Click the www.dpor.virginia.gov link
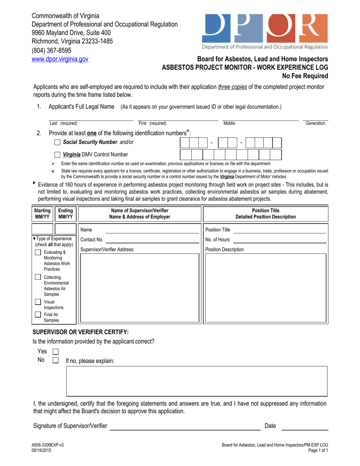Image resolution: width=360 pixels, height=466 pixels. click(x=60, y=59)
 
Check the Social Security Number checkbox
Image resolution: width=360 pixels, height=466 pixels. click(x=57, y=142)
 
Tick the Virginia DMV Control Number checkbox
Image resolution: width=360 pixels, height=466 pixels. click(x=57, y=155)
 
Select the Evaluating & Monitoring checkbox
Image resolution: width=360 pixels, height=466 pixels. click(x=38, y=253)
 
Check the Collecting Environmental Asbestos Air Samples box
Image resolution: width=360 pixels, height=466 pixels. click(x=38, y=277)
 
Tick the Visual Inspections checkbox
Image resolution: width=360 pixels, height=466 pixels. click(x=38, y=302)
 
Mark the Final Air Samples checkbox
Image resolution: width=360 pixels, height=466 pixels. click(x=38, y=314)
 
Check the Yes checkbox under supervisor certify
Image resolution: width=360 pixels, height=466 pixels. click(x=55, y=352)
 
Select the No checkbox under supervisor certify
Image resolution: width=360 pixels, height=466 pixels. click(x=55, y=360)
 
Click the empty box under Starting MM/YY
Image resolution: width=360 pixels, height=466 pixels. click(x=42, y=229)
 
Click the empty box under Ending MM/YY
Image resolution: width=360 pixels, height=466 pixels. click(x=66, y=229)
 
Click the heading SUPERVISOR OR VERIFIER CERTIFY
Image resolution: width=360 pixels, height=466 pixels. click(x=81, y=332)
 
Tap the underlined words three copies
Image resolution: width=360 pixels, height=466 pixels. click(x=232, y=87)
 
